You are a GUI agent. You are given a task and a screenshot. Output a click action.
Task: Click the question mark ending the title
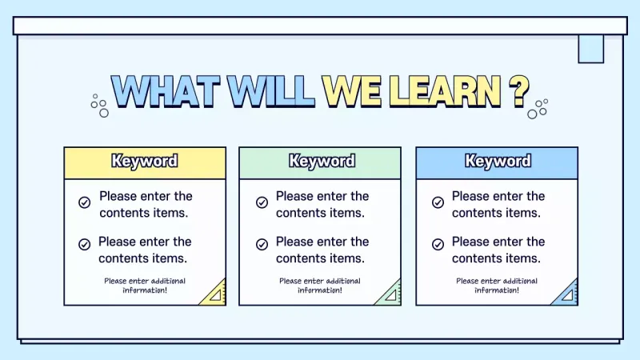click(519, 92)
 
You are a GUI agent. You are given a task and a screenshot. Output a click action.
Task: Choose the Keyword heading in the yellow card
click(145, 162)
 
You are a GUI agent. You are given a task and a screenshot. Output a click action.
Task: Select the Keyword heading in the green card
click(321, 162)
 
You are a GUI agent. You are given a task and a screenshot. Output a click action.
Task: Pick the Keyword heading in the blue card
click(497, 162)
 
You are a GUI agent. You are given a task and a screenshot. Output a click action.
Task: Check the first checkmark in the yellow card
click(84, 202)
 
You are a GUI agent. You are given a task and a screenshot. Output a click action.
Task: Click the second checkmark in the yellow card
click(84, 245)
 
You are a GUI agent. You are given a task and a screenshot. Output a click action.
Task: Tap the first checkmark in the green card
click(262, 202)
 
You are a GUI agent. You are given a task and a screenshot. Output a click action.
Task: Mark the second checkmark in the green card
click(262, 245)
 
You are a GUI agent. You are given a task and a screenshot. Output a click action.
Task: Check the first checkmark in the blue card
click(438, 202)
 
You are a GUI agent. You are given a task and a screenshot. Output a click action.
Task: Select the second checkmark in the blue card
click(438, 245)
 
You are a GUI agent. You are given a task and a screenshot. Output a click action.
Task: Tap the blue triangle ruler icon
click(566, 294)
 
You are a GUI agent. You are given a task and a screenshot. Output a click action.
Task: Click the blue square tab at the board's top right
click(590, 49)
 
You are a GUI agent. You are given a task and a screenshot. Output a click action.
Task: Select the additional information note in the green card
click(320, 286)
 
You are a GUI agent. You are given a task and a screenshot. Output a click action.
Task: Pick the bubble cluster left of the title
click(99, 106)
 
